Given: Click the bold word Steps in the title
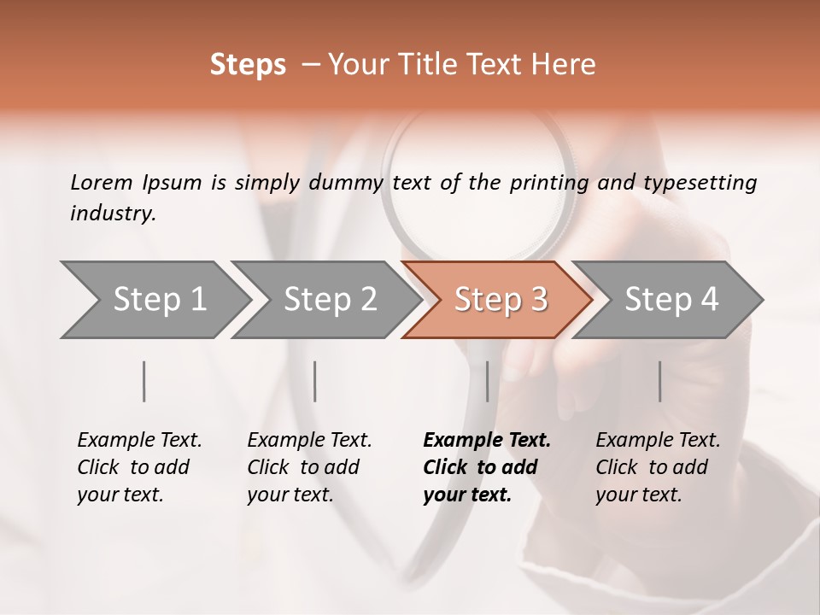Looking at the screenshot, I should point(248,65).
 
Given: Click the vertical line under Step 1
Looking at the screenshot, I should point(144,381).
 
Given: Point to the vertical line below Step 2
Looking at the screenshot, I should point(315,381).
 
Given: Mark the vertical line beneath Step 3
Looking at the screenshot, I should point(487,381).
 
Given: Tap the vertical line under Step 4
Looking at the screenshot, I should point(660,381).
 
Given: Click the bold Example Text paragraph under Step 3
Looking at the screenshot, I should point(487,467).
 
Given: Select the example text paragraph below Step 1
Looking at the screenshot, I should point(139,467).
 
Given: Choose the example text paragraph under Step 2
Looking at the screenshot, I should point(309,467).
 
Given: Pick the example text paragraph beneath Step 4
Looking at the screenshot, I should point(658,467).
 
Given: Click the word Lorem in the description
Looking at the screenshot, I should point(102,182).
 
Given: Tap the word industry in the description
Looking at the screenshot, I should point(112,214).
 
